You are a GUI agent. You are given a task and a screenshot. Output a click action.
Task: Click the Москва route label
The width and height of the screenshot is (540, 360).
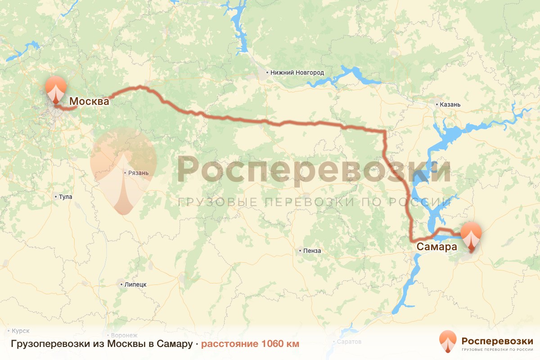coord(89,102)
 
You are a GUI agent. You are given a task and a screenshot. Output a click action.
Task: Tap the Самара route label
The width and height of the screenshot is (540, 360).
coord(436,247)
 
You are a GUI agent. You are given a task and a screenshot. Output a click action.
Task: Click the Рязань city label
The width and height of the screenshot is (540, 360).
coord(138,172)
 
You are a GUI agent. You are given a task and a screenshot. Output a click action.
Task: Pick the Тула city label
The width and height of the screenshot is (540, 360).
coord(65,197)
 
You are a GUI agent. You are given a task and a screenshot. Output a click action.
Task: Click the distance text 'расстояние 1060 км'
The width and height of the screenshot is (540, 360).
coord(250,344)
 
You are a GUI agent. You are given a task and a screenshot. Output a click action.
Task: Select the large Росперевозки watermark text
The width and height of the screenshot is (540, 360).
coord(314,170)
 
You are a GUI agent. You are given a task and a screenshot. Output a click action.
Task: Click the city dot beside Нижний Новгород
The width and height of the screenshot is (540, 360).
coord(267,72)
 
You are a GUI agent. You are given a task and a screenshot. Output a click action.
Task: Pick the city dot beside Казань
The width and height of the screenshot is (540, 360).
coord(437,104)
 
